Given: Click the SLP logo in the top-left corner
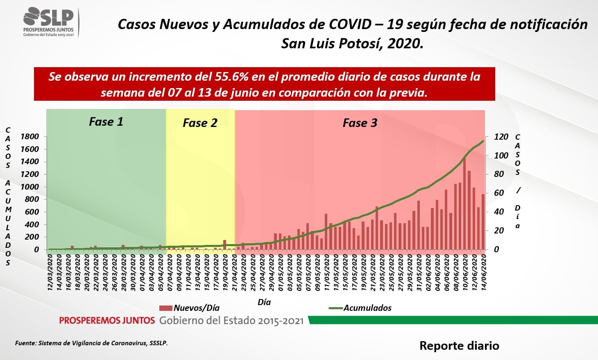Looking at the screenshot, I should (x=49, y=21).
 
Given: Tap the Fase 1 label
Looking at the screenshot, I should (x=106, y=122).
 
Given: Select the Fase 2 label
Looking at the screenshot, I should (x=200, y=123).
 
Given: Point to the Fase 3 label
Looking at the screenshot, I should (x=360, y=123).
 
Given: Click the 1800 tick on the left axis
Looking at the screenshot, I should (x=29, y=136).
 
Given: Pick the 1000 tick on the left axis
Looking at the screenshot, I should (x=29, y=187).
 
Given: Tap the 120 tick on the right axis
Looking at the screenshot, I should (x=501, y=137).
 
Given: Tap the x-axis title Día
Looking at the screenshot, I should (x=264, y=302).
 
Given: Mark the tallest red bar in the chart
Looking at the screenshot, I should (x=464, y=203).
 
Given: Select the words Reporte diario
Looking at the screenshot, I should (x=459, y=346).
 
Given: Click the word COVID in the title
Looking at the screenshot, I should (x=349, y=24).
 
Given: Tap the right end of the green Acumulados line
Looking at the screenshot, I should (x=483, y=141).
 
